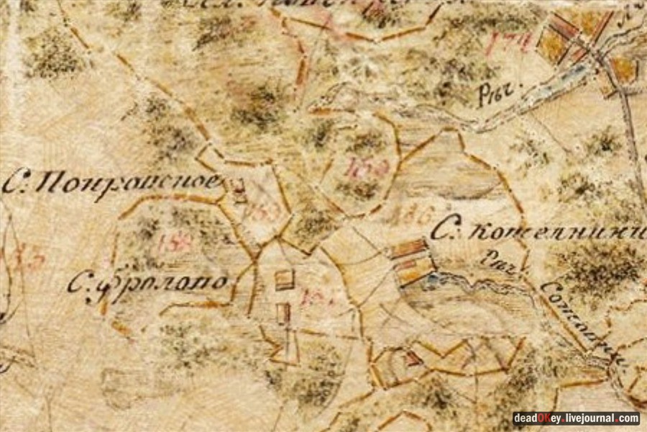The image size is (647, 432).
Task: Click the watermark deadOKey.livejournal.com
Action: (x=576, y=418)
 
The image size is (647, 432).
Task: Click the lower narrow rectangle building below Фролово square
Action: (x=283, y=313)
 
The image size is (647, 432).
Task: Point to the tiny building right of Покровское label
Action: (x=239, y=189)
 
